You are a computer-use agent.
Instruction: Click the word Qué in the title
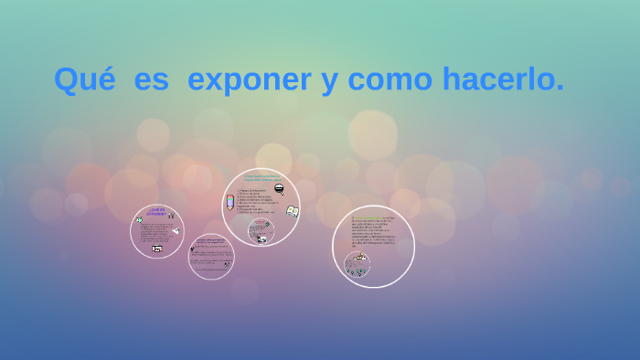click(x=84, y=79)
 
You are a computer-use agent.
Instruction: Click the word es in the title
click(x=151, y=79)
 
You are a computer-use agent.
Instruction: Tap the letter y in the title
click(x=328, y=82)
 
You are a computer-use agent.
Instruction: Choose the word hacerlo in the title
click(x=502, y=79)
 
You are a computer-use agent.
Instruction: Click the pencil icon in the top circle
click(x=230, y=202)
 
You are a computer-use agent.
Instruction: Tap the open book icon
click(x=292, y=211)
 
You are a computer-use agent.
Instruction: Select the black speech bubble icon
click(x=279, y=189)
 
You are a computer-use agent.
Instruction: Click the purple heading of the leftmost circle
click(x=155, y=211)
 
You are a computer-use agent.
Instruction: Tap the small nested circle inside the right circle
click(x=357, y=264)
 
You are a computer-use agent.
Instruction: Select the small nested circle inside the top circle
click(x=261, y=231)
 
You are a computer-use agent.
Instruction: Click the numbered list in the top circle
click(x=256, y=201)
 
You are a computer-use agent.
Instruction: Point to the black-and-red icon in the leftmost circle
click(x=157, y=248)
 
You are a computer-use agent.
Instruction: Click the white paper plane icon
click(x=174, y=230)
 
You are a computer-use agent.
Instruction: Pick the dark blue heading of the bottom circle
click(x=211, y=240)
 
